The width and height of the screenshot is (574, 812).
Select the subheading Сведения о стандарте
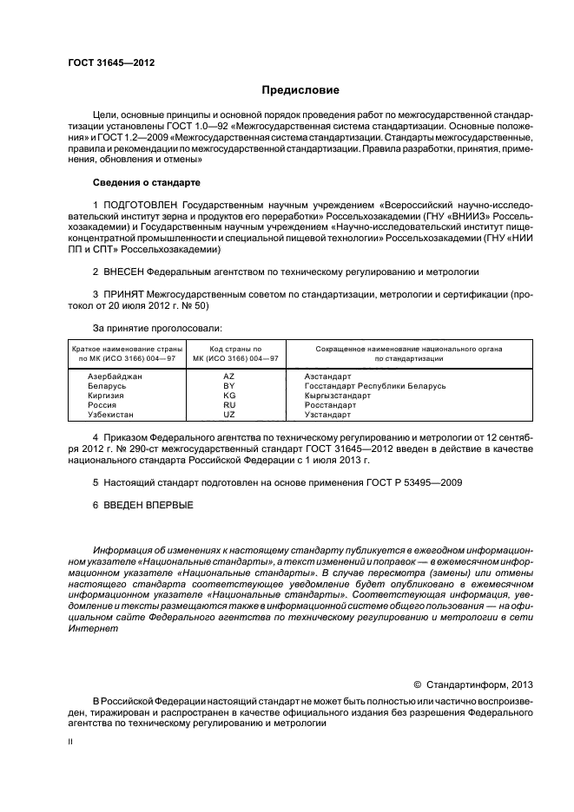(146, 183)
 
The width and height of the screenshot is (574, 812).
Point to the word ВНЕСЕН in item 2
(126, 272)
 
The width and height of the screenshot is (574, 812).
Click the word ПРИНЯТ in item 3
(125, 295)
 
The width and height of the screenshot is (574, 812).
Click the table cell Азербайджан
(115, 377)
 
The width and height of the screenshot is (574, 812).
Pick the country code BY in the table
(230, 386)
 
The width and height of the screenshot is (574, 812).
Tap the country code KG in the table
(230, 396)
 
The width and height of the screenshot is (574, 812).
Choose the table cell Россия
(103, 405)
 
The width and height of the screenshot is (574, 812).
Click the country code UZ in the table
(230, 415)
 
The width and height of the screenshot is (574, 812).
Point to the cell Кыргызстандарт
(338, 396)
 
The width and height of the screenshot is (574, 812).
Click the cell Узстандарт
(328, 415)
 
